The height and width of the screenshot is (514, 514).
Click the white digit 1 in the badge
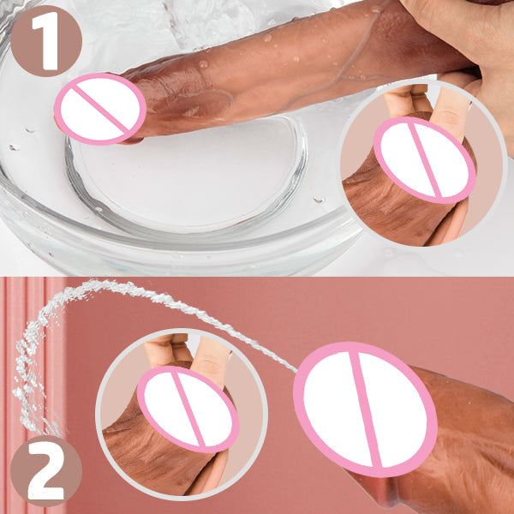tap(47, 40)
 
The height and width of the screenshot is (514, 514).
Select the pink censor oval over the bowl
tap(100, 109)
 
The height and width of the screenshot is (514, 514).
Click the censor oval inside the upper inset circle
tap(425, 160)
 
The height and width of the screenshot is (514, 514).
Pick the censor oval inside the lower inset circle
tap(188, 409)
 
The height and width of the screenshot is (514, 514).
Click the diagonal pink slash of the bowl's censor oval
tap(100, 109)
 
